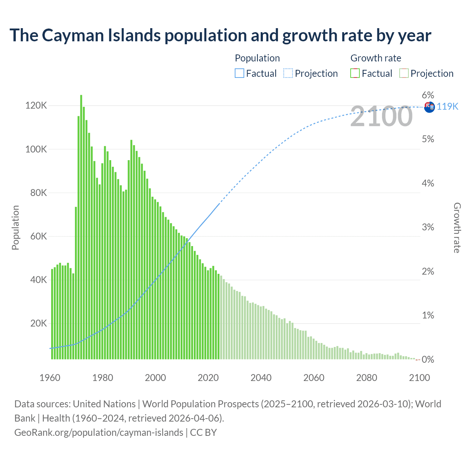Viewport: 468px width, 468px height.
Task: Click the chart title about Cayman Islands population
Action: (x=220, y=35)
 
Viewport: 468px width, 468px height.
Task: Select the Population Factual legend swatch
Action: (x=239, y=73)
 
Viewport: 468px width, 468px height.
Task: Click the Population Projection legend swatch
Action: (x=288, y=73)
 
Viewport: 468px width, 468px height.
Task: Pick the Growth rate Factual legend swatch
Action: (x=355, y=73)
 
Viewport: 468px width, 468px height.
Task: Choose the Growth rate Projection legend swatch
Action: (x=404, y=73)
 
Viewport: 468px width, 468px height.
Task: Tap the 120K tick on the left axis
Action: (x=36, y=106)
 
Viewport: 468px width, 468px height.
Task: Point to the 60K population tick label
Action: (x=38, y=236)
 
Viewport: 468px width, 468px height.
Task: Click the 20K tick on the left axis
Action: (x=38, y=323)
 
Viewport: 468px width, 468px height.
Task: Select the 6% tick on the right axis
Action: (x=428, y=95)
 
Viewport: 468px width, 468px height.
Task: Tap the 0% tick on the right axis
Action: (x=428, y=359)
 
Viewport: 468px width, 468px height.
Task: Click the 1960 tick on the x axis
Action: (x=50, y=378)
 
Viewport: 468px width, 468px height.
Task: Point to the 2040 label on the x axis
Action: (x=261, y=378)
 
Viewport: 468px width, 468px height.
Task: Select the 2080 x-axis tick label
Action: (x=367, y=378)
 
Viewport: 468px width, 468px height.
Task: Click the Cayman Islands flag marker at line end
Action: (x=429, y=107)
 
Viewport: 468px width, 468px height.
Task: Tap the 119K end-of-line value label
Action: (x=448, y=106)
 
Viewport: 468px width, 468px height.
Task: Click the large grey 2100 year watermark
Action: (x=381, y=116)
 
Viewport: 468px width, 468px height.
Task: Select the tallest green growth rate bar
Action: (x=81, y=227)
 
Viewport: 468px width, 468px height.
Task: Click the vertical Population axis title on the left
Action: (x=15, y=227)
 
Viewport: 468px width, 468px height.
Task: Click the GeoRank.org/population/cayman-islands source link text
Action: (x=99, y=433)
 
